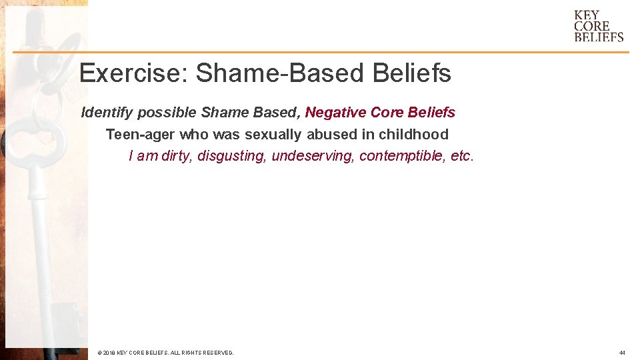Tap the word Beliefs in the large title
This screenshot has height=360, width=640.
(x=412, y=74)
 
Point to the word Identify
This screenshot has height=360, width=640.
(x=107, y=113)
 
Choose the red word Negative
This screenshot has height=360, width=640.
(x=333, y=113)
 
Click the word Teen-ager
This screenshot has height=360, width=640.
(x=140, y=135)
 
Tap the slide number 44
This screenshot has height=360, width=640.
(x=621, y=353)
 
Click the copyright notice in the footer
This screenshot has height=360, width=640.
(x=165, y=353)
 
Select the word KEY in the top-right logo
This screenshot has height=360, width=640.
(x=587, y=15)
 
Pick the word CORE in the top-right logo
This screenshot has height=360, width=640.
(x=592, y=27)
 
